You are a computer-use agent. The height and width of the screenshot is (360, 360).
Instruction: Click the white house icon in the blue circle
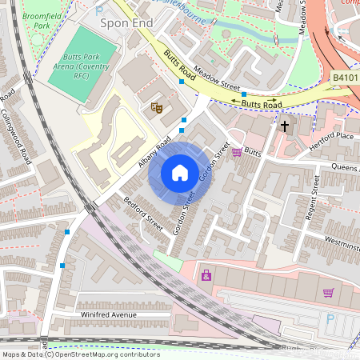coord(180,173)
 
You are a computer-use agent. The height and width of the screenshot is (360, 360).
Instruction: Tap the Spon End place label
coord(126,23)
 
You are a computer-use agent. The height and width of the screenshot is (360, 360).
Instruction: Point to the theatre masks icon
coord(157,106)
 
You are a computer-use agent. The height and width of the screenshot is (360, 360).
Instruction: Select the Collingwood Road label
coord(17,134)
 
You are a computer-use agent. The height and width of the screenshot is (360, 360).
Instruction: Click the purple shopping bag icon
coord(206,276)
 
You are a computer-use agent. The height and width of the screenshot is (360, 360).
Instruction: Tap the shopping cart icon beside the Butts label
coord(236,152)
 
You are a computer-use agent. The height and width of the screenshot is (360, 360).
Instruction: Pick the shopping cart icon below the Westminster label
coord(328,293)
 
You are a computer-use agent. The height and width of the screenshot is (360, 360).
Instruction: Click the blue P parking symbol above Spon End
coord(99,11)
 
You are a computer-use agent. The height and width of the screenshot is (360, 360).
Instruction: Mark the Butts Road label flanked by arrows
coord(262,103)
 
